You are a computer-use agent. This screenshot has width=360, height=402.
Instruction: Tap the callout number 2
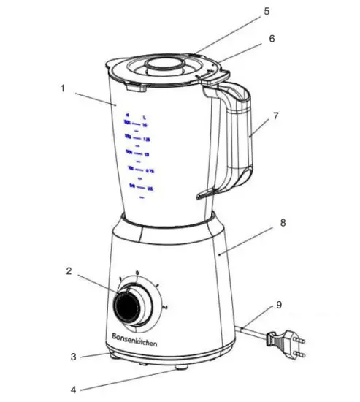click(69, 271)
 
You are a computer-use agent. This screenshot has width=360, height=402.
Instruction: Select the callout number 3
click(73, 357)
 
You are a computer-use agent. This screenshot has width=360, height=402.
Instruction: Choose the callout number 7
click(275, 116)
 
